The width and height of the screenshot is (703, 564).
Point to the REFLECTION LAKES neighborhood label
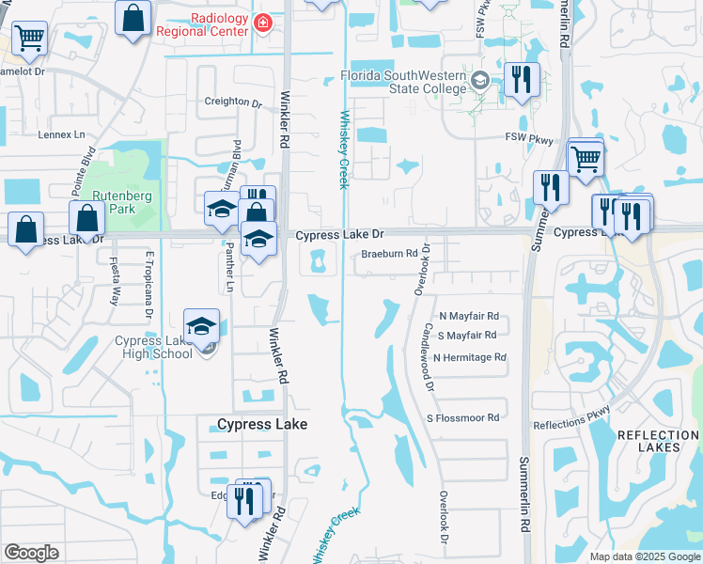658,441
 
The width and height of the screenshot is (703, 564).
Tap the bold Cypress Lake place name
262,424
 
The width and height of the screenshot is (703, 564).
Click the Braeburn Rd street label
389,254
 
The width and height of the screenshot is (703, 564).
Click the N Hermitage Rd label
473,357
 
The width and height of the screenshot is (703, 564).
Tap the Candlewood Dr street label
428,358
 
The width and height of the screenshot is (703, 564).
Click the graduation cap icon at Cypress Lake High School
201,325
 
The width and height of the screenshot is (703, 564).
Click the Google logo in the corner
31,553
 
